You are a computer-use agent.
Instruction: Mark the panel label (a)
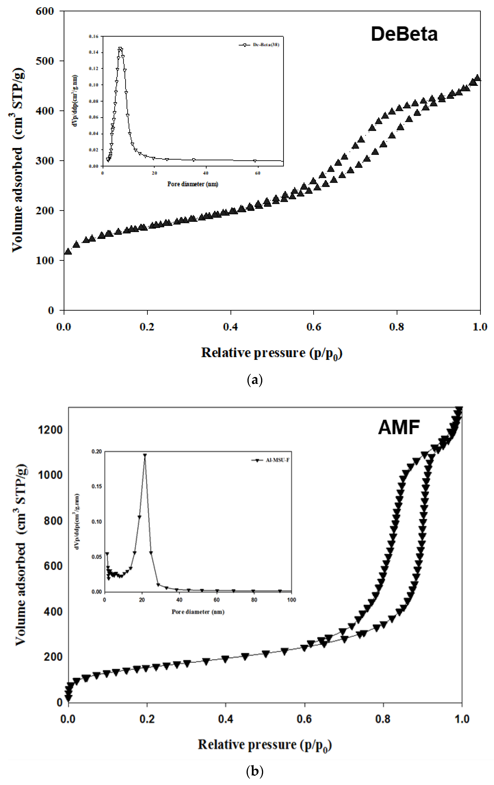[x=255, y=380]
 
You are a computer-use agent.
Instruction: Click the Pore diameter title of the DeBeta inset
[x=193, y=184]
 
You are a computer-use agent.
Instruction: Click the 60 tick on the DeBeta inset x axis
[x=257, y=173]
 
